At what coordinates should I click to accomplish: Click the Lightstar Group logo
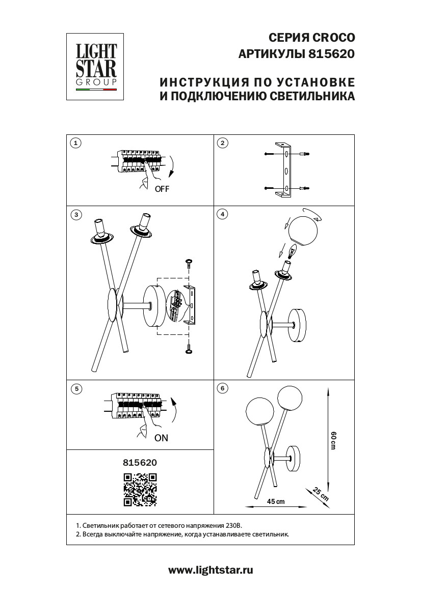pyautogui.click(x=96, y=66)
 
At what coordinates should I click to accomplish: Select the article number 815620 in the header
pyautogui.click(x=332, y=53)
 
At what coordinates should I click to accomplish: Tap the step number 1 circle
pyautogui.click(x=75, y=143)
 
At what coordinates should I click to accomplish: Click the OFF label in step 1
pyautogui.click(x=162, y=189)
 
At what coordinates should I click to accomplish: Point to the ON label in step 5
pyautogui.click(x=161, y=438)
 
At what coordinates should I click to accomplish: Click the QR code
pyautogui.click(x=140, y=490)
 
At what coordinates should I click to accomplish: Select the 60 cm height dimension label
pyautogui.click(x=334, y=440)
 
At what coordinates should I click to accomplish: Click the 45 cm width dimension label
pyautogui.click(x=276, y=501)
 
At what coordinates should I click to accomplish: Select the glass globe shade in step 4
pyautogui.click(x=303, y=231)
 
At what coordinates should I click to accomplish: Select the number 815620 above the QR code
pyautogui.click(x=140, y=463)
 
